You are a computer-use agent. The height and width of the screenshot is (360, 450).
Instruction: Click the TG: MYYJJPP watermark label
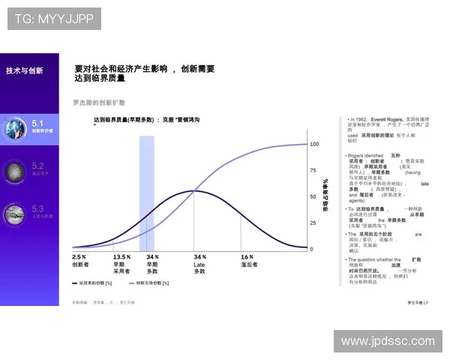pos(53,19)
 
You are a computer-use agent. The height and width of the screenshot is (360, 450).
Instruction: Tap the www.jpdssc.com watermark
pos(387,340)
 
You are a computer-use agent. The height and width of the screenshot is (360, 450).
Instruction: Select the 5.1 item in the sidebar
pos(42,125)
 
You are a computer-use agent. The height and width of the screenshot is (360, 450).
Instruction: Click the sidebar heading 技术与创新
pos(25,70)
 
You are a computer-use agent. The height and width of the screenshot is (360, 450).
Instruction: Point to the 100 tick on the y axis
pos(314,143)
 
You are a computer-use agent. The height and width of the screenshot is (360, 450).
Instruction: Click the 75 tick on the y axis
pos(313,170)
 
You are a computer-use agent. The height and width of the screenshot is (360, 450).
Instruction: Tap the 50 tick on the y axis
pos(313,196)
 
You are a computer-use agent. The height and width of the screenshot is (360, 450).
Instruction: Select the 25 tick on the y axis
pos(313,223)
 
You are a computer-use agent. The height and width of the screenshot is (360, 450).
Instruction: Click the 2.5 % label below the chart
pos(79,256)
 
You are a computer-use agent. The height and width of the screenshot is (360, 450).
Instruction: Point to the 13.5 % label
pos(122,256)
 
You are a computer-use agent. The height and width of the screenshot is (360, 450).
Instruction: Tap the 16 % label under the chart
pos(247,256)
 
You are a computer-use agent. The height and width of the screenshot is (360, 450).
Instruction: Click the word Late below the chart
pos(199,264)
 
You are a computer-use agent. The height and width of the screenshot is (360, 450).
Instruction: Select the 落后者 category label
pos(249,264)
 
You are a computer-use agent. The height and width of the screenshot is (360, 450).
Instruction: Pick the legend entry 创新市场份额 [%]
pos(162,283)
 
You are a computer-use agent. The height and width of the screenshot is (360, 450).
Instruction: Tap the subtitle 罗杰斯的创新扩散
pos(98,102)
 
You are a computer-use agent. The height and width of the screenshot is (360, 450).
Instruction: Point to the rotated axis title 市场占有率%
pos(326,196)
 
